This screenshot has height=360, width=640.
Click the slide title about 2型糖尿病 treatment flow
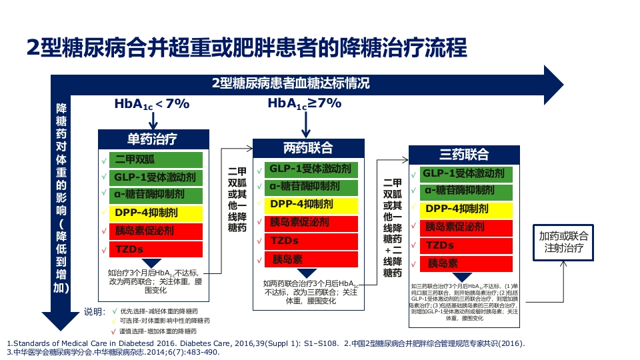coord(246,49)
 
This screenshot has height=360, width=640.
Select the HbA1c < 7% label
coord(151,104)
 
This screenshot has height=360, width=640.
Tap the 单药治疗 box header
coord(153,139)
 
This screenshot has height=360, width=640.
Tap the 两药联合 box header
coord(308,148)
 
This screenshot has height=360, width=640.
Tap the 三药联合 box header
coord(464,155)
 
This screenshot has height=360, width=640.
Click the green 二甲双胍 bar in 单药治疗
coord(157,160)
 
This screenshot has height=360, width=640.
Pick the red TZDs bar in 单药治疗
coord(157,249)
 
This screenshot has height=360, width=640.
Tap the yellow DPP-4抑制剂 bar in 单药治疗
coord(157,213)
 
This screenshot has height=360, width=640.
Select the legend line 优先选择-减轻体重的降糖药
coord(158,311)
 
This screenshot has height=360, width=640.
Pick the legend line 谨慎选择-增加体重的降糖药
coord(158,331)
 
